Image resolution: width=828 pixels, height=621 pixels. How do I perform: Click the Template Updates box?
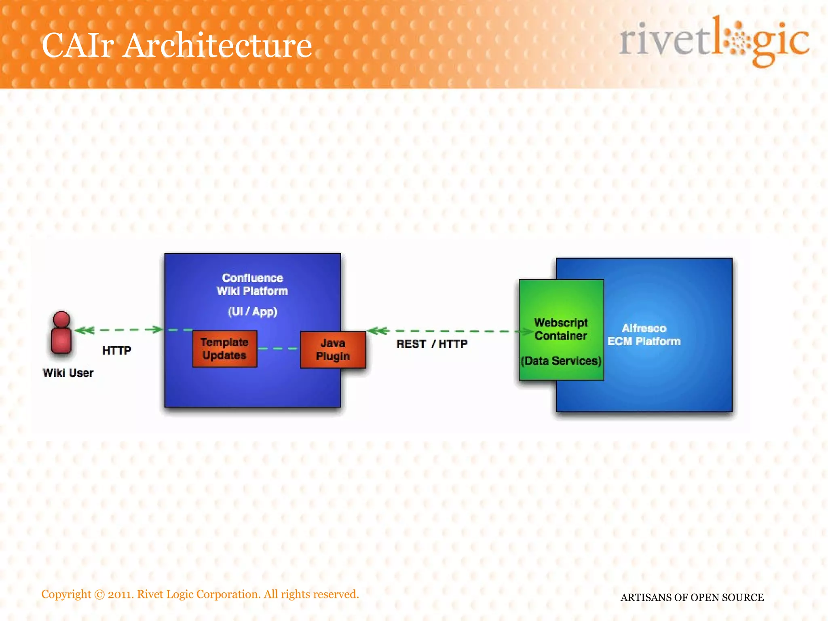[225, 349]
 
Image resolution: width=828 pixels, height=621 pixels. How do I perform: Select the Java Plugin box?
[333, 350]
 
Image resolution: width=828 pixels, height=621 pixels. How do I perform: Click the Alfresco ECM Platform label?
[644, 335]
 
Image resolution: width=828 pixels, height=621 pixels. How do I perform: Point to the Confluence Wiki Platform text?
[252, 285]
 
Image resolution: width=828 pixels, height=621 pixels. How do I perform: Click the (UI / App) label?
[252, 312]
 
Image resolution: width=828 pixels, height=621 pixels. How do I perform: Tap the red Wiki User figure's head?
[61, 319]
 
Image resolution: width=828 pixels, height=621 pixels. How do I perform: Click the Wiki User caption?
[68, 373]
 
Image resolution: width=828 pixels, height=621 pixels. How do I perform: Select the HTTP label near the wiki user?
[116, 351]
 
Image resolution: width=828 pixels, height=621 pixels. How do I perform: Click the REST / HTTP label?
[431, 344]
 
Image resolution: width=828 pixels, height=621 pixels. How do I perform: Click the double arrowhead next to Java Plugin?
[378, 331]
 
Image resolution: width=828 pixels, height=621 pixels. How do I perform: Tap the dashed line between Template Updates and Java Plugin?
[278, 349]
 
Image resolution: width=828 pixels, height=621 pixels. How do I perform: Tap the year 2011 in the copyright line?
[121, 594]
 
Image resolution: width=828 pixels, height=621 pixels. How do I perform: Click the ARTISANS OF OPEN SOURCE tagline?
[692, 598]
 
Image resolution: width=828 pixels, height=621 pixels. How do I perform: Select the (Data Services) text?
[561, 361]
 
